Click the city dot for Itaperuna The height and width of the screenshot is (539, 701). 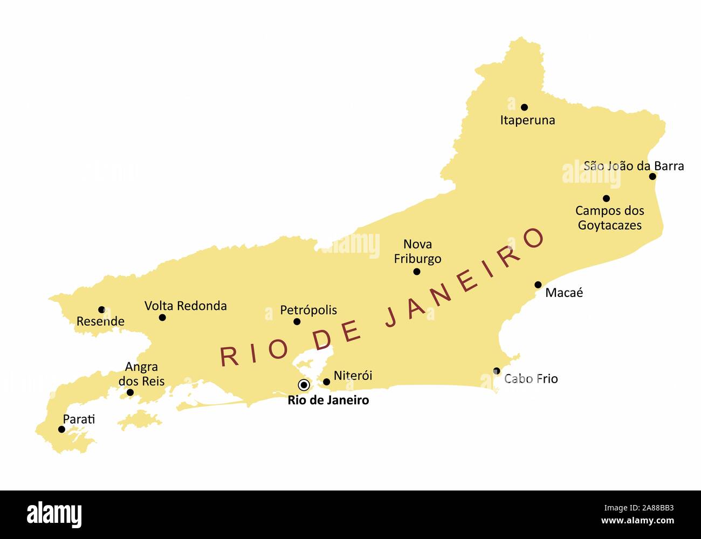524,107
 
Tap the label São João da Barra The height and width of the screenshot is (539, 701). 634,166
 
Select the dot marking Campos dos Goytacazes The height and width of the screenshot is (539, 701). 606,198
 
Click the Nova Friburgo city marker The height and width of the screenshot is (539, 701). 417,272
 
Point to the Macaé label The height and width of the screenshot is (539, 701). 564,293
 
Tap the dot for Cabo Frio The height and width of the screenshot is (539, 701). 497,371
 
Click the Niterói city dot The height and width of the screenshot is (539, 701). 326,382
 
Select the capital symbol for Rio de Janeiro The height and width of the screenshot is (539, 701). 304,385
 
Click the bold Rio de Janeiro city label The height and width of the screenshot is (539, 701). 328,400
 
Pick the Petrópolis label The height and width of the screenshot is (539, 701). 308,310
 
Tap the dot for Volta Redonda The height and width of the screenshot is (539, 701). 162,317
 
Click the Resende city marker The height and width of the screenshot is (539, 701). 101,309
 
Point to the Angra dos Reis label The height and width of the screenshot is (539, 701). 141,374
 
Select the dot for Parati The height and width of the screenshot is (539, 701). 61,430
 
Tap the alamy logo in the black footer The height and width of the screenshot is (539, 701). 54,514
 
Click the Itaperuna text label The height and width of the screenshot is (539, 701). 527,120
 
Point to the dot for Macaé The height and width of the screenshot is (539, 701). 538,285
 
